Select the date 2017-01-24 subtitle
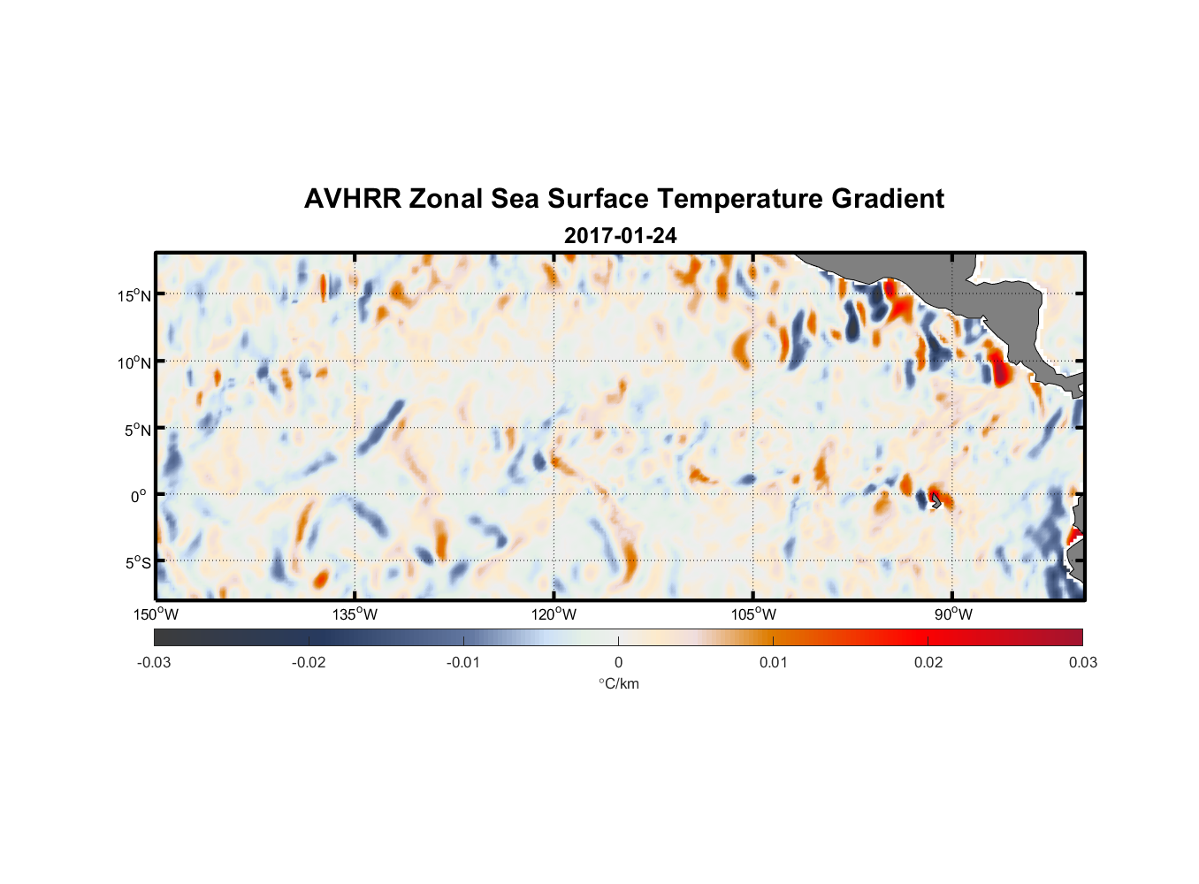point(620,236)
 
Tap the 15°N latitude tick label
point(134,295)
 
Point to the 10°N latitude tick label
point(134,362)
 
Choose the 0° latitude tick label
point(139,496)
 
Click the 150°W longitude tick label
point(156,614)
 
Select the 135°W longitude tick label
point(355,614)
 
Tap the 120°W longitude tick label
point(554,614)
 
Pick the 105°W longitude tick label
point(753,614)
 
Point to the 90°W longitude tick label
point(952,614)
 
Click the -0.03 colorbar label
point(154,662)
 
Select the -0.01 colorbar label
point(463,662)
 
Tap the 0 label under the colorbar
point(618,662)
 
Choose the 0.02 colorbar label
point(928,662)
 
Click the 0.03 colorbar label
point(1082,662)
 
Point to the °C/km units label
point(618,683)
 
